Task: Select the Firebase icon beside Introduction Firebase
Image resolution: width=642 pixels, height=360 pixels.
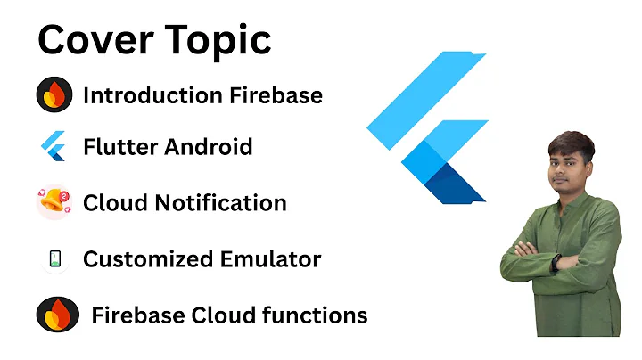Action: tap(53, 94)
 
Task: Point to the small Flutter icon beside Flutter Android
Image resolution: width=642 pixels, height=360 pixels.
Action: tap(53, 146)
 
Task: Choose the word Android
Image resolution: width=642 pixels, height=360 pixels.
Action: tap(209, 146)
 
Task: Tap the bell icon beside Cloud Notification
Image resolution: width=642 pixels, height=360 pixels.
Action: tap(53, 202)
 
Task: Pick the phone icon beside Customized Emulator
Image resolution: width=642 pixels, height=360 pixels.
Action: tap(53, 259)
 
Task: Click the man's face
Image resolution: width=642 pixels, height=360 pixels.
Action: tap(570, 166)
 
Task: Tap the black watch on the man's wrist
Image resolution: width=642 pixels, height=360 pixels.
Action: tap(556, 264)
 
